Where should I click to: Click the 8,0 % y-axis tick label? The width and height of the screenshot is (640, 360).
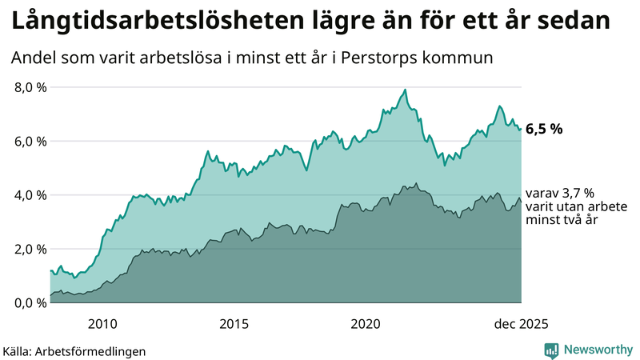pos(29,87)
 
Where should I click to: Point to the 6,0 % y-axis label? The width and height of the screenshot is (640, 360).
pos(29,142)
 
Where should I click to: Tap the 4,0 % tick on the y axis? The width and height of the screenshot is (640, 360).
pos(29,195)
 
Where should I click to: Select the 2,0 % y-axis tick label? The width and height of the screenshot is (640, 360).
pos(29,249)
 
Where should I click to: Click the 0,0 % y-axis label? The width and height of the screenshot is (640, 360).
pos(29,302)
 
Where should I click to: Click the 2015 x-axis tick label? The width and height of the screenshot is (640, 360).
pos(234,324)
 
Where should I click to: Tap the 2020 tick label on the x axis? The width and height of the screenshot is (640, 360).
pos(366,324)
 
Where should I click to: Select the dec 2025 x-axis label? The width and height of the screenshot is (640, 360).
pos(521,324)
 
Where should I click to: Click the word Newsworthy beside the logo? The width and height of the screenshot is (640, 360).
pos(596,350)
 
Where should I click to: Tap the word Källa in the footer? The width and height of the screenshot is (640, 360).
pos(18,351)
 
